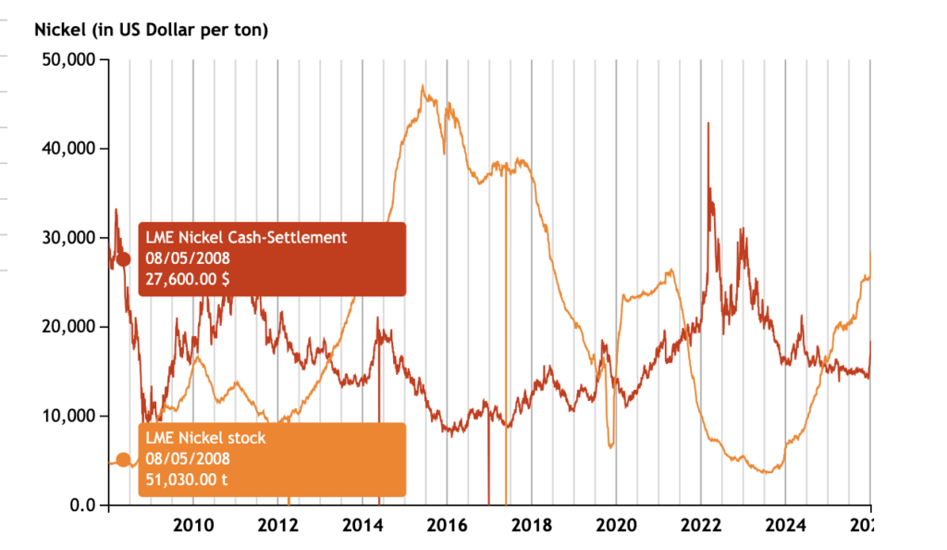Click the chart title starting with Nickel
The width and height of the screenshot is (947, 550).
[151, 30]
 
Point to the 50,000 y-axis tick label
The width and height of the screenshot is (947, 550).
[70, 60]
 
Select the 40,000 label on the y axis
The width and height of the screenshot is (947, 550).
[70, 149]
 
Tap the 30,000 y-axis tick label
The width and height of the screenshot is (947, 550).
[70, 238]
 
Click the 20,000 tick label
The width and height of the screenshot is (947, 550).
[70, 327]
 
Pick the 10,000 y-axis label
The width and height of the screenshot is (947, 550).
[70, 416]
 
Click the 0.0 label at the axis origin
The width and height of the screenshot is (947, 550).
[82, 505]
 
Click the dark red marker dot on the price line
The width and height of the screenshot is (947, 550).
[123, 259]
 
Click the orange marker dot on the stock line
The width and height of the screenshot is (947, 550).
[123, 460]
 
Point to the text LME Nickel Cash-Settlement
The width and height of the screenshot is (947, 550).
[246, 238]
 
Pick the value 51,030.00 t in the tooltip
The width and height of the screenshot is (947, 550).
[186, 479]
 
